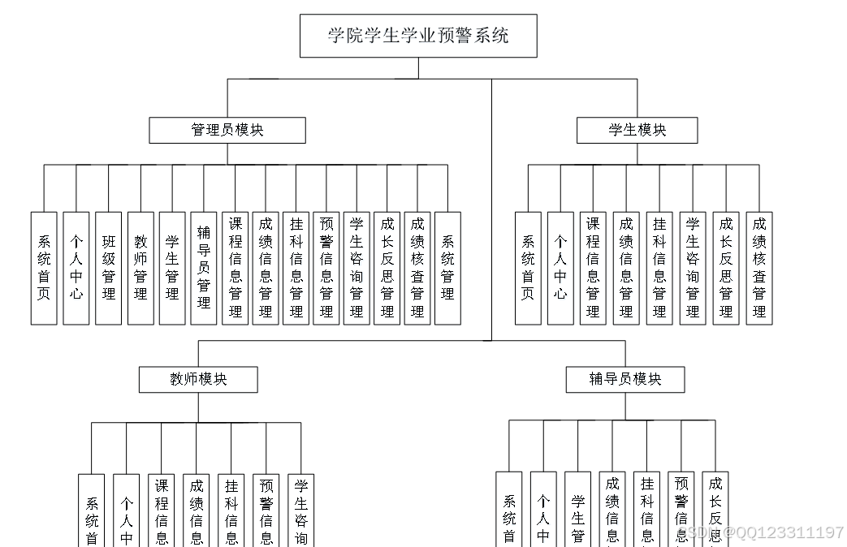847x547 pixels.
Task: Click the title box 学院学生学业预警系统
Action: pos(418,36)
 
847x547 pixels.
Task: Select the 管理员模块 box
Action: pos(227,130)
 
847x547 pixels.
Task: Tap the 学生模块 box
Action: pos(637,130)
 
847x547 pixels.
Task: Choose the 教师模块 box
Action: pos(198,379)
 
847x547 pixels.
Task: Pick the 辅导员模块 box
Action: pos(625,379)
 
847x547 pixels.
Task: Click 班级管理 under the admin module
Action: pos(109,268)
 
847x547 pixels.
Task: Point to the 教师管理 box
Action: pos(140,268)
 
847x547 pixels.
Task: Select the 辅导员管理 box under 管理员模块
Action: pos(204,268)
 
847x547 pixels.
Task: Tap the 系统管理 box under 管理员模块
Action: pos(447,268)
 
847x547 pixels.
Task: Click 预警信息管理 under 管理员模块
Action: pos(326,268)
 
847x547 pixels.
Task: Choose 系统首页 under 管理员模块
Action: pos(44,268)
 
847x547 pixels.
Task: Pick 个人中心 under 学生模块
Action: pos(560,268)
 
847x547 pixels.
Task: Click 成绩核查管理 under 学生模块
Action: pos(759,268)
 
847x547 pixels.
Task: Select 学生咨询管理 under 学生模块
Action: pos(693,268)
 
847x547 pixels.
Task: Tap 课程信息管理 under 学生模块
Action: pos(594,268)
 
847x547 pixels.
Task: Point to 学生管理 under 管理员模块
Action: pos(172,268)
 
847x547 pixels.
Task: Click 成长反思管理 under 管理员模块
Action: pos(387,268)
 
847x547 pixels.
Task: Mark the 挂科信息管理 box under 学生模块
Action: pos(659,268)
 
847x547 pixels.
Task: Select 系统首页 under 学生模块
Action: pos(528,268)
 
